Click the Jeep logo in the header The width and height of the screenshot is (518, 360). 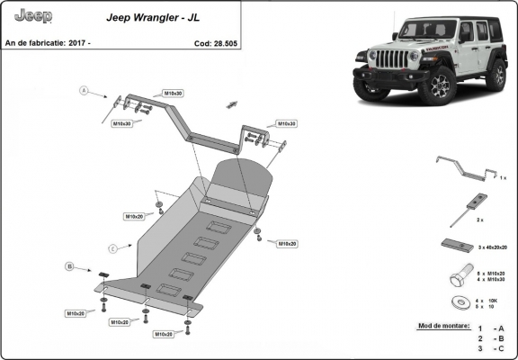click(34, 16)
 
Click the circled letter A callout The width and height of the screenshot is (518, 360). click(85, 90)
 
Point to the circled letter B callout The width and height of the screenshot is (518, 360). click(68, 266)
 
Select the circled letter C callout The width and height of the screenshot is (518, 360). click(112, 247)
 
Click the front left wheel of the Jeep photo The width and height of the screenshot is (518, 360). click(441, 87)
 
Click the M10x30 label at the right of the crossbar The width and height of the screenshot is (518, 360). click(286, 123)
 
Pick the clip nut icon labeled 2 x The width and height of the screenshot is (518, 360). click(475, 203)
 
